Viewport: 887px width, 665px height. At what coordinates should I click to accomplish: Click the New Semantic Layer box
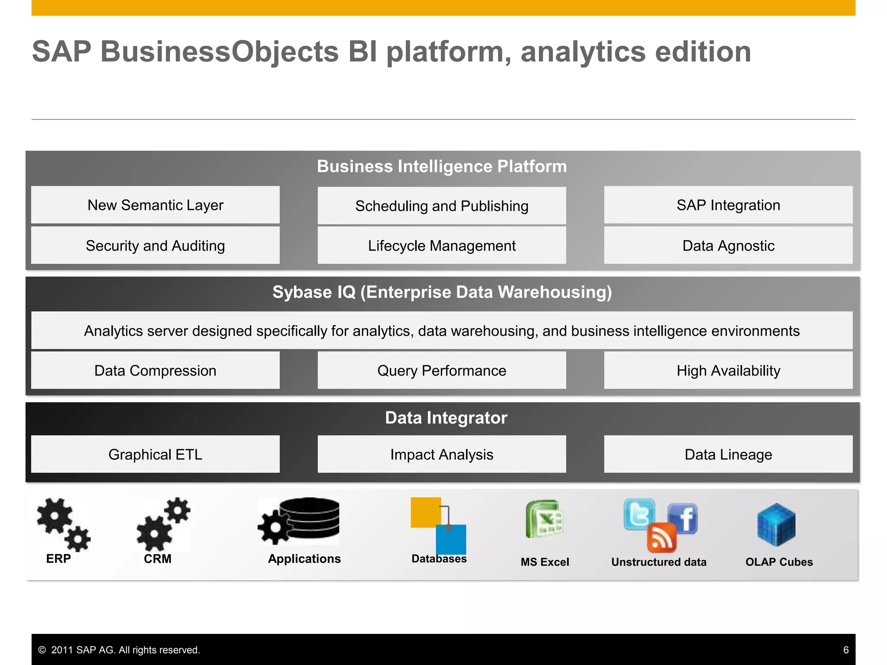pyautogui.click(x=155, y=205)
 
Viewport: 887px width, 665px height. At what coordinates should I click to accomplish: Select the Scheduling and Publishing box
pyautogui.click(x=442, y=206)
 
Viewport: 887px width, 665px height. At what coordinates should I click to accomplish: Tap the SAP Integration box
pyautogui.click(x=728, y=205)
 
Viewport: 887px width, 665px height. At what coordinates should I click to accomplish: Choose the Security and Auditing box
pyautogui.click(x=155, y=245)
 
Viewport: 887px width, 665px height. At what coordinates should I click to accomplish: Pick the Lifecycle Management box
pyautogui.click(x=442, y=245)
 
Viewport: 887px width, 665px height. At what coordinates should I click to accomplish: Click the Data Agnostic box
pyautogui.click(x=728, y=245)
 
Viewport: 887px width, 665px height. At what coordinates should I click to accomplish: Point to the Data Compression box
pyautogui.click(x=155, y=371)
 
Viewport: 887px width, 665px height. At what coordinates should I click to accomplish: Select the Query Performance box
pyautogui.click(x=442, y=371)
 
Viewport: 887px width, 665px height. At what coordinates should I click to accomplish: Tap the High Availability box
pyautogui.click(x=728, y=371)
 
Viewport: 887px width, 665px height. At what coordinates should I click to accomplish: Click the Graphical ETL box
pyautogui.click(x=155, y=454)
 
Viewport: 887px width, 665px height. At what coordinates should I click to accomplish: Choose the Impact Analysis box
pyautogui.click(x=442, y=454)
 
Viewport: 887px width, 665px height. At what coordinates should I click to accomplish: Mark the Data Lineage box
pyautogui.click(x=728, y=454)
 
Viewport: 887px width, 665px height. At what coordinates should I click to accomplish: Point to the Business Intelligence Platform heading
pyautogui.click(x=442, y=167)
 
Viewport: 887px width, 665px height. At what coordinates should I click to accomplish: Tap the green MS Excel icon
pyautogui.click(x=544, y=519)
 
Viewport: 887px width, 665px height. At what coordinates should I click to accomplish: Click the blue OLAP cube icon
pyautogui.click(x=776, y=524)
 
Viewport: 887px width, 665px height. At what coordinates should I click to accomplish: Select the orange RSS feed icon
pyautogui.click(x=661, y=538)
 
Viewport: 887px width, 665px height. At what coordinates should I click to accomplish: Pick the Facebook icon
pyautogui.click(x=683, y=517)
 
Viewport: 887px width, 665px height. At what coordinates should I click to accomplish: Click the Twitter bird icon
pyautogui.click(x=639, y=514)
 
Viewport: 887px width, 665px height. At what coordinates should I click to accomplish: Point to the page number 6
pyautogui.click(x=846, y=650)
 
